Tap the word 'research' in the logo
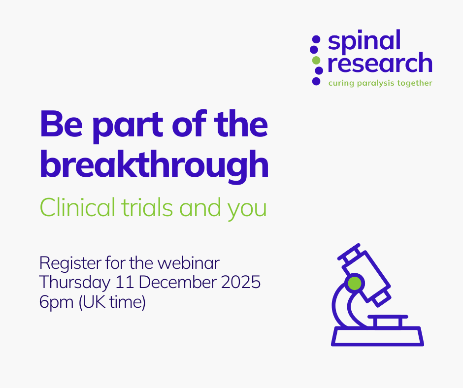380,63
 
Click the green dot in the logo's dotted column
316,60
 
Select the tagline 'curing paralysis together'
380,83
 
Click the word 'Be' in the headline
61,124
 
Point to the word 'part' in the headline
128,127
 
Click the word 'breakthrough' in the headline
154,165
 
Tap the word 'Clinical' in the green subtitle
77,207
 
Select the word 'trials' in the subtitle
147,207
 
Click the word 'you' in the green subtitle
247,210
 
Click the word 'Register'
70,263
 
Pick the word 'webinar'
188,263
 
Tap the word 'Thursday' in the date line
75,283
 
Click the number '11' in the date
123,282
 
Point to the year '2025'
241,282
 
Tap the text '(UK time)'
112,302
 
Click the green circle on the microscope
355,284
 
